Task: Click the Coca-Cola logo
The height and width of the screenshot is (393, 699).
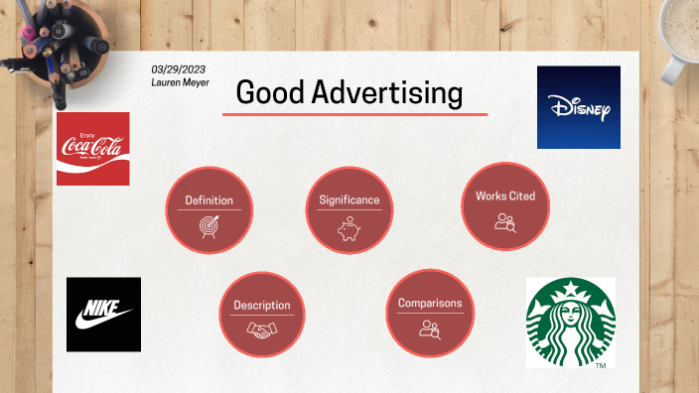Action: pos(92,149)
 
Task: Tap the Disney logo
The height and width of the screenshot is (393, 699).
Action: pos(578,107)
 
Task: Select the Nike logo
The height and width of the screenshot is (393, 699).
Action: pos(103,314)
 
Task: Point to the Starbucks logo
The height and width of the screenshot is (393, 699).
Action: pos(570,322)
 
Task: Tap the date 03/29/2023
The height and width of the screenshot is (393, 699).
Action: pos(180,69)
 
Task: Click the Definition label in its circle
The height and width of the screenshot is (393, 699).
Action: pos(209,200)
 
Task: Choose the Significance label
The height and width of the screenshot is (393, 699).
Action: pos(349,199)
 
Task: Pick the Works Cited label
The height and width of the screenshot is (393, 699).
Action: pos(504,196)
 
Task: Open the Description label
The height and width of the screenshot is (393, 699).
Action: pos(262,306)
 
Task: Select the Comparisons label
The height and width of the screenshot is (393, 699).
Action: pos(429,303)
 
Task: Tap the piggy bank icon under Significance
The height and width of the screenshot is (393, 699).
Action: pos(349,227)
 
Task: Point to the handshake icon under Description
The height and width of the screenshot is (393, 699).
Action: pos(262,331)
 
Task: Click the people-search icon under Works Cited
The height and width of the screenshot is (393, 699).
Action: pos(505,222)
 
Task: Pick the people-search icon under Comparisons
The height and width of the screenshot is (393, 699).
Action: pos(429,328)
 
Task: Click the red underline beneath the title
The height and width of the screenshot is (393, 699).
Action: pos(354,115)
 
